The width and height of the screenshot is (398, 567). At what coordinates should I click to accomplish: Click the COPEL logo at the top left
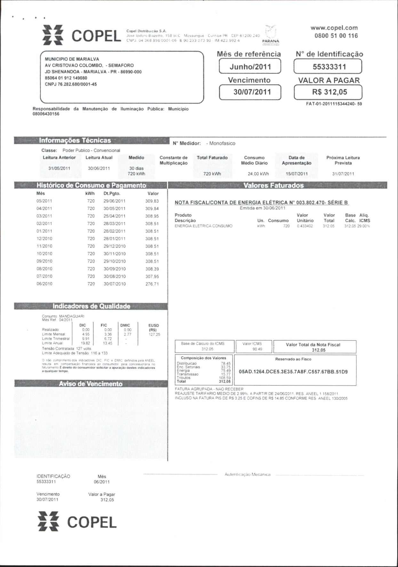point(82,35)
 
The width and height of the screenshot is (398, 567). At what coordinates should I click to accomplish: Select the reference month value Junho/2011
point(250,67)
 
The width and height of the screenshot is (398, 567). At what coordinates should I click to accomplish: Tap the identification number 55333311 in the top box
point(328,67)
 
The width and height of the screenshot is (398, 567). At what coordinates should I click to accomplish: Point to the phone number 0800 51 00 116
point(336,36)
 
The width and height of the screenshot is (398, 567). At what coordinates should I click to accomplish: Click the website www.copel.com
point(334,28)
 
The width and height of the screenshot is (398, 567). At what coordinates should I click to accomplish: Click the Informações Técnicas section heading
point(75,140)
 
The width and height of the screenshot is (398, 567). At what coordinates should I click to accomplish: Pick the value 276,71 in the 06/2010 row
point(152,284)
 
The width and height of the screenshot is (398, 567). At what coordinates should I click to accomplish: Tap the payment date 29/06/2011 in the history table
point(115,201)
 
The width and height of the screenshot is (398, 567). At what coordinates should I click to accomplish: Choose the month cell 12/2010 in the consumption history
point(44,239)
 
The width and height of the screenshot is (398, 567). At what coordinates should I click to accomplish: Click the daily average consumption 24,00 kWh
point(258,174)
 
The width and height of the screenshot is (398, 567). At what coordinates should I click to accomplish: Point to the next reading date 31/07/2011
point(343,174)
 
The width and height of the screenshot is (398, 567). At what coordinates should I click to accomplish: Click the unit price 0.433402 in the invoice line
point(305,226)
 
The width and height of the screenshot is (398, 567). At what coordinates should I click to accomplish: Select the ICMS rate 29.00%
point(364,226)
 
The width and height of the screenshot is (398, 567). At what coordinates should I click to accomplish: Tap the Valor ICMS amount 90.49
point(257,349)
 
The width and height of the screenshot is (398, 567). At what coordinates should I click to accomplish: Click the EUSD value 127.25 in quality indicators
point(154,334)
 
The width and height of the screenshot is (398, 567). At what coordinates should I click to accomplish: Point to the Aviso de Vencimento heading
point(91,384)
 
